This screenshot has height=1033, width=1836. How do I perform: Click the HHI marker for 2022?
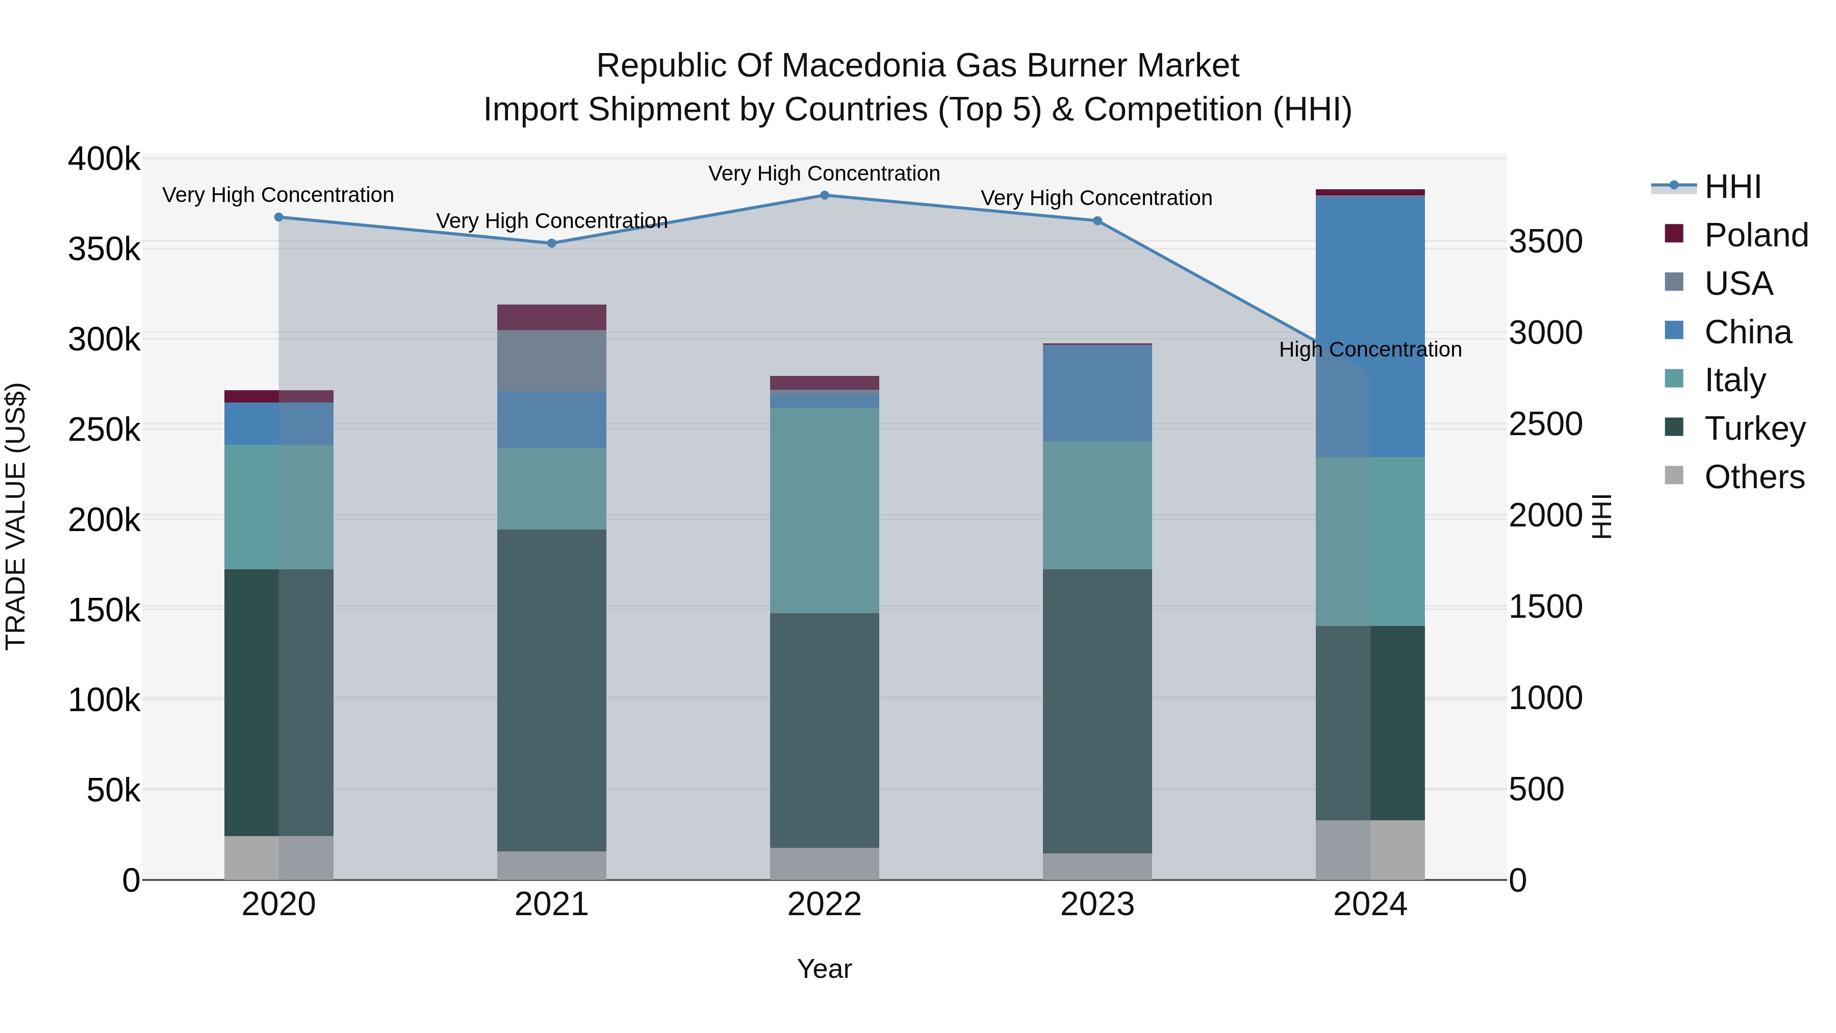(x=824, y=195)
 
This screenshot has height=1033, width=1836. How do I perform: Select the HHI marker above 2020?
(x=278, y=217)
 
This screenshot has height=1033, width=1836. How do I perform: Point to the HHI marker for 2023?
(x=1097, y=221)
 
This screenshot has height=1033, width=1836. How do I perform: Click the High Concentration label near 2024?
(x=1370, y=350)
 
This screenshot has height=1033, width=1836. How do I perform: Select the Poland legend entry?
(x=1756, y=235)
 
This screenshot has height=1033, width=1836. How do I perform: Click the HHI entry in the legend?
(x=1732, y=187)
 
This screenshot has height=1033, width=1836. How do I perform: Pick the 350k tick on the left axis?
(x=104, y=249)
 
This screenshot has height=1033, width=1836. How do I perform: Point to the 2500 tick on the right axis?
(x=1545, y=424)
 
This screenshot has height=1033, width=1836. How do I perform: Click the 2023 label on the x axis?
(x=1097, y=904)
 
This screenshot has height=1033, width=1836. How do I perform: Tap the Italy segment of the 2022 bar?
(x=824, y=510)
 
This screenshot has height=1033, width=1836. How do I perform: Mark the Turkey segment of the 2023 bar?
(x=1097, y=710)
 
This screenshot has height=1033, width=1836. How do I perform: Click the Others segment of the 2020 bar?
(x=278, y=858)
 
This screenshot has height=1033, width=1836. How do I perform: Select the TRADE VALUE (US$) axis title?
(x=16, y=516)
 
